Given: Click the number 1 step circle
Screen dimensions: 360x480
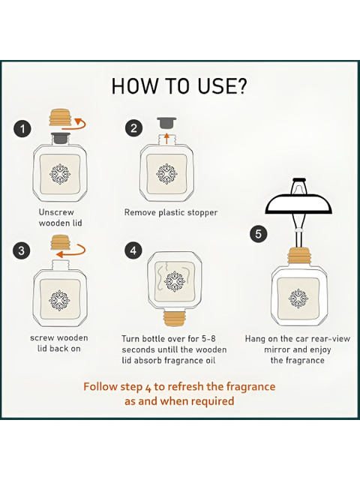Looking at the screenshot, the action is tap(22, 128).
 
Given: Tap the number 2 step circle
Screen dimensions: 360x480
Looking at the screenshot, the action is tap(133, 128).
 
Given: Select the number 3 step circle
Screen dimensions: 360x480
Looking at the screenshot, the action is tap(22, 250).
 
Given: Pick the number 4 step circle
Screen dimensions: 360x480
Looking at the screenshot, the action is tap(133, 250).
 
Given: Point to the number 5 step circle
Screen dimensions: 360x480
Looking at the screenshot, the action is tap(258, 234).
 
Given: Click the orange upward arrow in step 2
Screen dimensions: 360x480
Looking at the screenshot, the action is tap(166, 139).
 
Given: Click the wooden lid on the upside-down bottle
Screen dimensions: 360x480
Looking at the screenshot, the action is tap(175, 319).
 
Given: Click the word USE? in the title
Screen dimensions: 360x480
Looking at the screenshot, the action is tap(222, 86).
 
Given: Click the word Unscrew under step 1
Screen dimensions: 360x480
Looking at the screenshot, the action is tap(56, 212).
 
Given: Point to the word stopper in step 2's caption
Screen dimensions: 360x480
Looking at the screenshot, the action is tap(202, 213).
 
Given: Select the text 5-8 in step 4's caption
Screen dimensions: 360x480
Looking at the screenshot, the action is tap(208, 338).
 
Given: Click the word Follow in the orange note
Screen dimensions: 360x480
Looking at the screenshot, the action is tap(100, 386).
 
